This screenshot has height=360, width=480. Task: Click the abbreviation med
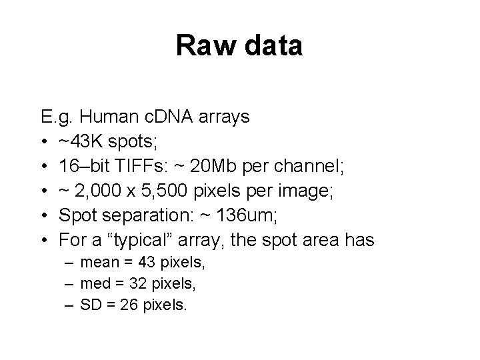[95, 284]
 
